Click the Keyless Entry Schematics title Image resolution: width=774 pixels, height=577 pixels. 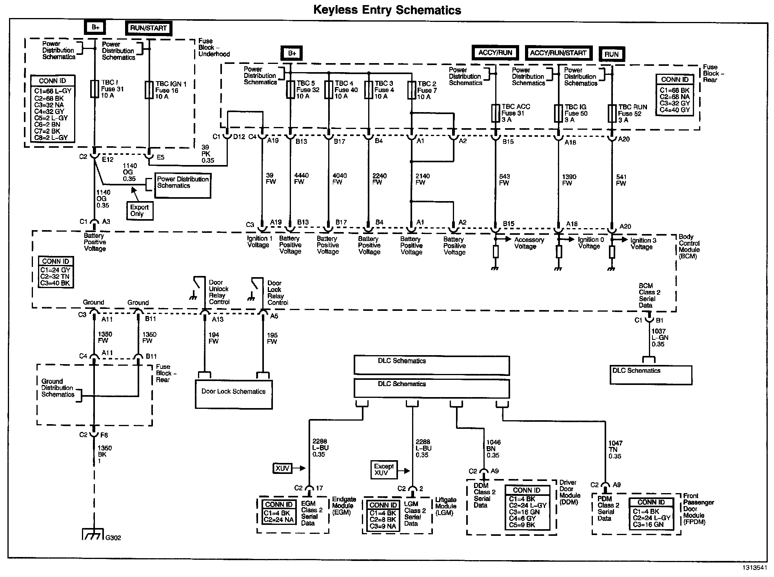coord(387,10)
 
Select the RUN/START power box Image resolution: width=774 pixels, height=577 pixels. coord(149,28)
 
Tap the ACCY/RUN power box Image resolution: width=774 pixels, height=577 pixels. coord(495,53)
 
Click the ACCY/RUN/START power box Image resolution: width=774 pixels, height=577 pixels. coord(558,53)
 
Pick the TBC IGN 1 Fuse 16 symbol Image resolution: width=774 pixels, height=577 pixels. coord(149,90)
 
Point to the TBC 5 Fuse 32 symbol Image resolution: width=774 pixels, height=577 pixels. coord(290,89)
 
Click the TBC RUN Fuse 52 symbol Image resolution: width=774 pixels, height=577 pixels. coord(612,113)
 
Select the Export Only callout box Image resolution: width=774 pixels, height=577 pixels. coord(140,210)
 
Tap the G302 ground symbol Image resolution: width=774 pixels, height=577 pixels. coord(93,534)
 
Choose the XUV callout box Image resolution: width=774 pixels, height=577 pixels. coord(282,468)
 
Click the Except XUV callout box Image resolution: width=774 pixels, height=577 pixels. coord(384,470)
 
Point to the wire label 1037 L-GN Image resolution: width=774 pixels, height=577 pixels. coord(660,337)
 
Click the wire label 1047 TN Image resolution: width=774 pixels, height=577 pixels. coord(615,450)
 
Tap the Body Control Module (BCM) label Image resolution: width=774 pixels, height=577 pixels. coord(689,247)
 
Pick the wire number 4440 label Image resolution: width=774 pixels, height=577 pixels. coord(301,176)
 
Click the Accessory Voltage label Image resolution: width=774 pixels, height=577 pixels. coord(529,243)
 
